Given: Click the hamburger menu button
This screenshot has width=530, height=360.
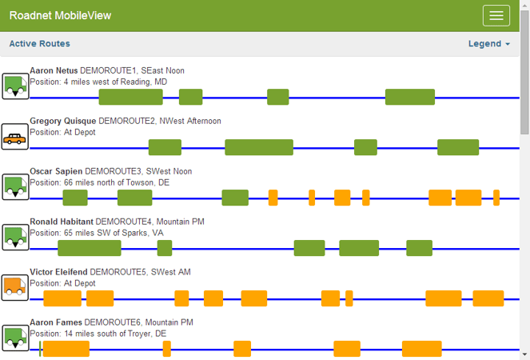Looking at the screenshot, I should coord(496,16).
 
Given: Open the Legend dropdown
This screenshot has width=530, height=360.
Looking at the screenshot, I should coord(488,44).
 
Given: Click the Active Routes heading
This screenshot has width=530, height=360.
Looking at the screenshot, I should coord(39,44).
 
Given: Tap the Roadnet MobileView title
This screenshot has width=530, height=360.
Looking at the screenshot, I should coord(60,16).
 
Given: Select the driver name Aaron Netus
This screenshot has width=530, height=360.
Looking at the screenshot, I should coord(54,70).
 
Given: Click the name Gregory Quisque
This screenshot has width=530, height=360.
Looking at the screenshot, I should coord(63,121).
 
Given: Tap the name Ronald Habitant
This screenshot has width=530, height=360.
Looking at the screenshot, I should coord(61,222).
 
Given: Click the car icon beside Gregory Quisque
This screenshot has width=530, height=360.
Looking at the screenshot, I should coord(14,138).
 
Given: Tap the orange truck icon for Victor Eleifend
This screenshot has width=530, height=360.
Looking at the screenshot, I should coord(14,288).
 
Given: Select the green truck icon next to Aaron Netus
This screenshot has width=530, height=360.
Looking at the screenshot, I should coord(14,86).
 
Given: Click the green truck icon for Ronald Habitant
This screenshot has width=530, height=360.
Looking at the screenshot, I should coord(14,238).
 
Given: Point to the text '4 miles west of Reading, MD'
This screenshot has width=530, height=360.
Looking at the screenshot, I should coord(115,82).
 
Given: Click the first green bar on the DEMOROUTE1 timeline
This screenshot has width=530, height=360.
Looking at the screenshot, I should coord(130,98).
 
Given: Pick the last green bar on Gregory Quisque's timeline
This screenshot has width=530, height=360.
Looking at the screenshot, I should coord(458,147).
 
